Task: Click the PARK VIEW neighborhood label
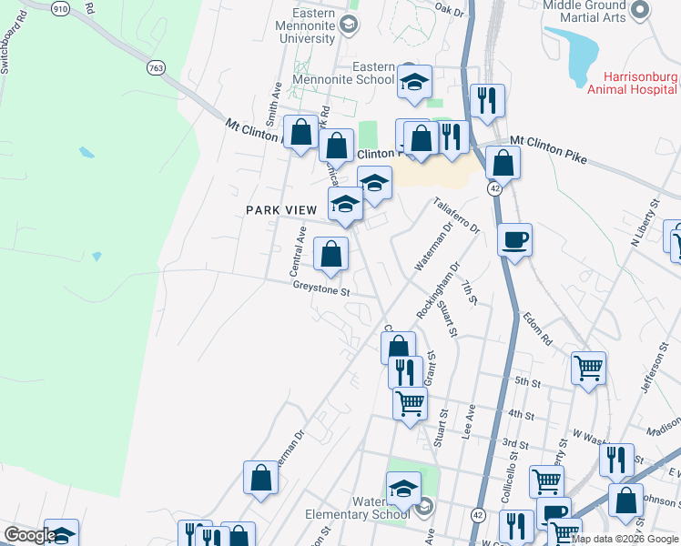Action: pos(281,210)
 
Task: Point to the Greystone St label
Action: pos(321,291)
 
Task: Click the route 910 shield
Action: pos(60,7)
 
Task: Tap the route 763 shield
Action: pos(156,67)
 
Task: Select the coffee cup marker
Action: pos(515,240)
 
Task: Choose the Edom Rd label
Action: pos(537,329)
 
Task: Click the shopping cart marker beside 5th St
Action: pos(588,369)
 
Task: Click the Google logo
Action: pos(30,535)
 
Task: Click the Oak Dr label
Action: pos(450,11)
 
